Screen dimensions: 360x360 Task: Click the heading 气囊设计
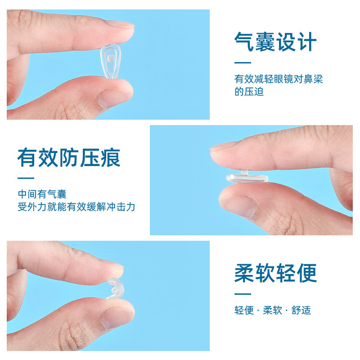[x=275, y=42]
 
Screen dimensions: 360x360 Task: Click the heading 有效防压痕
[x=69, y=158]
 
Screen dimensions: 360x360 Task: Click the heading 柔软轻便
[x=275, y=273]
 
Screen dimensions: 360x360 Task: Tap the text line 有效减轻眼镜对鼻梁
[x=279, y=80]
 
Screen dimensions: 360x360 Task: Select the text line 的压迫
[x=249, y=92]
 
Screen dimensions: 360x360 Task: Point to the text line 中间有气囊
[x=42, y=194]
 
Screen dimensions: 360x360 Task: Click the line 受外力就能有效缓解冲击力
[x=76, y=207]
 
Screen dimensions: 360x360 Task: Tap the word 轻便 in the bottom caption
[x=244, y=310]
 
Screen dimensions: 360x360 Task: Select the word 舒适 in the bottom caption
[x=301, y=310]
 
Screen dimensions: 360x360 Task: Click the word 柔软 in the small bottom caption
[x=273, y=310]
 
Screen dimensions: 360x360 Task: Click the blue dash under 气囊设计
[x=243, y=63]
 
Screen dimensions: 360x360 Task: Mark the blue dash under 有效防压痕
[x=26, y=178]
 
